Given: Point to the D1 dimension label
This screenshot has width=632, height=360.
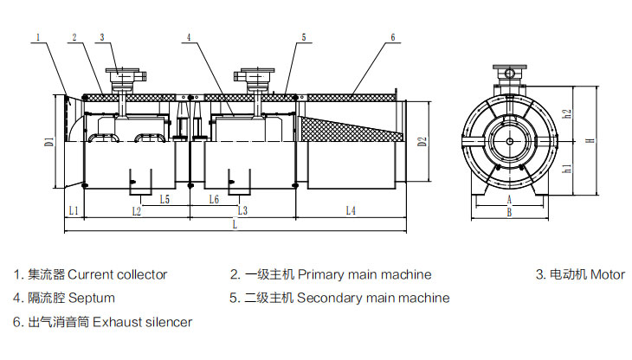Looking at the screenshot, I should pyautogui.click(x=49, y=138).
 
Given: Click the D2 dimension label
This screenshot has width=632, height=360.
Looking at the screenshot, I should pyautogui.click(x=422, y=140).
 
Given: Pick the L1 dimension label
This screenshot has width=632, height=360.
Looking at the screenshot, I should pyautogui.click(x=74, y=210).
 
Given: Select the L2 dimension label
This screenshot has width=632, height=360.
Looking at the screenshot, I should pyautogui.click(x=136, y=210).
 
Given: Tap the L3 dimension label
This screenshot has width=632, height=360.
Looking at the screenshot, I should pyautogui.click(x=242, y=210).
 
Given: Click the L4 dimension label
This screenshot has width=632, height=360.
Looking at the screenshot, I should pyautogui.click(x=350, y=210).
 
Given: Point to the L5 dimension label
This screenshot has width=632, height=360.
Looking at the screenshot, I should pyautogui.click(x=164, y=199).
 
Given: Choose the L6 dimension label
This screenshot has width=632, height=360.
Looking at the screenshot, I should pyautogui.click(x=215, y=199).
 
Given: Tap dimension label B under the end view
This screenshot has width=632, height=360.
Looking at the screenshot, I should pyautogui.click(x=509, y=211).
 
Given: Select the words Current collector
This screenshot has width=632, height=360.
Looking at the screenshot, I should pyautogui.click(x=118, y=275).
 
